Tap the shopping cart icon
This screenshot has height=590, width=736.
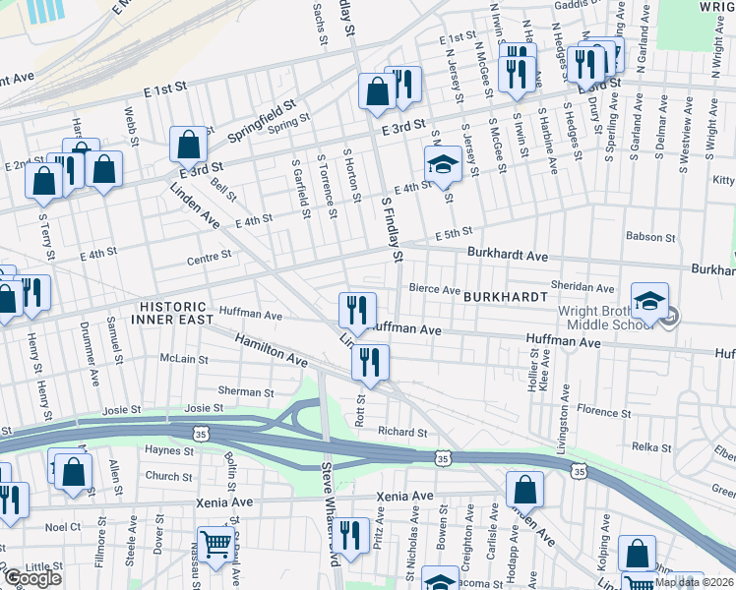[216, 543]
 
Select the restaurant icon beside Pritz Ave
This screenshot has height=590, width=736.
[349, 535]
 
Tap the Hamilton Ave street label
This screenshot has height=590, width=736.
[271, 350]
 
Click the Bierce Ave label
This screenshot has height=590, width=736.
[434, 290]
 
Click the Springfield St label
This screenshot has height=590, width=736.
[263, 115]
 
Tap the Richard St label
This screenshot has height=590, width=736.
[402, 432]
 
